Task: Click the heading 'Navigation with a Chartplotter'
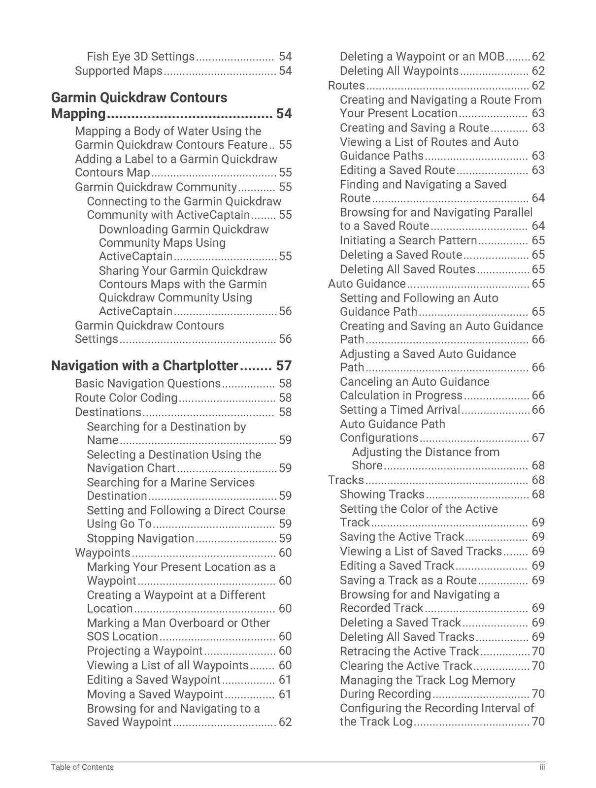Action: (x=145, y=366)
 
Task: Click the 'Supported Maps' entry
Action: (x=118, y=71)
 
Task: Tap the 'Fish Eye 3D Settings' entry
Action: (x=141, y=57)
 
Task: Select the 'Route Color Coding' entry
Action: (x=126, y=398)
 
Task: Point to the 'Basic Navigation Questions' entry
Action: (x=148, y=384)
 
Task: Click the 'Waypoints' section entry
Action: (x=102, y=553)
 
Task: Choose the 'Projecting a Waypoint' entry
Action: (x=145, y=651)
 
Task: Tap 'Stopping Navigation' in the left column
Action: (x=140, y=539)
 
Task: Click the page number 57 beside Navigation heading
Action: (x=284, y=366)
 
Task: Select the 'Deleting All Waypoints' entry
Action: (x=399, y=71)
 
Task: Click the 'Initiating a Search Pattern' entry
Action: (x=408, y=241)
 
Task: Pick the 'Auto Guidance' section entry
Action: (x=367, y=284)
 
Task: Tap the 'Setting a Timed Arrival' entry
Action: (x=400, y=410)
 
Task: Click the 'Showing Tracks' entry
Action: (x=382, y=494)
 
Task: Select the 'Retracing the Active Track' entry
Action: (x=409, y=652)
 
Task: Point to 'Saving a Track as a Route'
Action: (x=408, y=580)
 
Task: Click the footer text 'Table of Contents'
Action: (x=82, y=767)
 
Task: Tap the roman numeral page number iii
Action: (x=541, y=767)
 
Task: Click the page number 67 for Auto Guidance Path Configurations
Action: (x=538, y=438)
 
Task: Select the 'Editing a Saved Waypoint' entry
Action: (x=154, y=680)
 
